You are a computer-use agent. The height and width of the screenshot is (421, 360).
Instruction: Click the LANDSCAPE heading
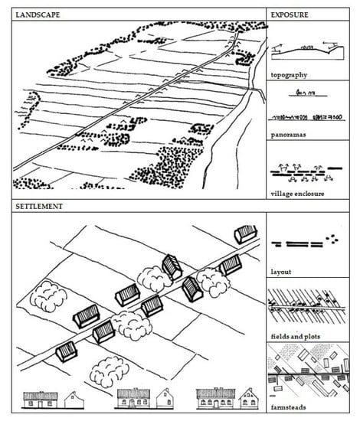click(x=38, y=15)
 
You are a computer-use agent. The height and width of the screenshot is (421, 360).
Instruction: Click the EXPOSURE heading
click(x=290, y=15)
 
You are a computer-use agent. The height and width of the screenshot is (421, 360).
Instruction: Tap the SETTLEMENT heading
click(x=39, y=207)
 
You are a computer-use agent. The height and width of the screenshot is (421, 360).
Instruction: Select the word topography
click(x=289, y=75)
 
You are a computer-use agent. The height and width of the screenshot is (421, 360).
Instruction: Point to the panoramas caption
click(x=288, y=135)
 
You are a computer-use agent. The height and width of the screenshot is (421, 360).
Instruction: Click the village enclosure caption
click(x=297, y=194)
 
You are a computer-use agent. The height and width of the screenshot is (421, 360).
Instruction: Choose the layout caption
click(x=281, y=272)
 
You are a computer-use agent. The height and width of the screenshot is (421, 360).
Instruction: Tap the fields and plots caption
click(x=295, y=337)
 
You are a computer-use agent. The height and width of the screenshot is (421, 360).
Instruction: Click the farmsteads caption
click(x=288, y=407)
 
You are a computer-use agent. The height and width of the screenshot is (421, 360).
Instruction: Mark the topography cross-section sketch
click(x=307, y=51)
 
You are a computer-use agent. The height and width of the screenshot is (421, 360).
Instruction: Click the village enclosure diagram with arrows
click(x=306, y=173)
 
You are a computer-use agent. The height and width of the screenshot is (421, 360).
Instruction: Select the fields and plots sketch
click(x=307, y=306)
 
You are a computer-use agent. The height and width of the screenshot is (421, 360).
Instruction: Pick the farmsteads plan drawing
click(x=309, y=373)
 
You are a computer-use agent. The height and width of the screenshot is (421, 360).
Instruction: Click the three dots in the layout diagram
click(x=332, y=239)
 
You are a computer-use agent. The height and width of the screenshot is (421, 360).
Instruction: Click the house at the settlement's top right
click(x=246, y=234)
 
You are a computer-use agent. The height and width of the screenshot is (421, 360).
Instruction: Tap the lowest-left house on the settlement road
click(x=67, y=351)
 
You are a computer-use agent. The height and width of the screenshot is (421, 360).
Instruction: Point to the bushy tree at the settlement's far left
click(x=48, y=296)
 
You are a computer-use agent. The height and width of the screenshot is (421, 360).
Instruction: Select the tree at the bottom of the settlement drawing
click(x=109, y=371)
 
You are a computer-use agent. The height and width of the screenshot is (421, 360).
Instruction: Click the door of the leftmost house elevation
click(x=41, y=404)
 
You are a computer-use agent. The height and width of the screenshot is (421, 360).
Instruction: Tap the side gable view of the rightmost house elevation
click(x=249, y=400)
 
